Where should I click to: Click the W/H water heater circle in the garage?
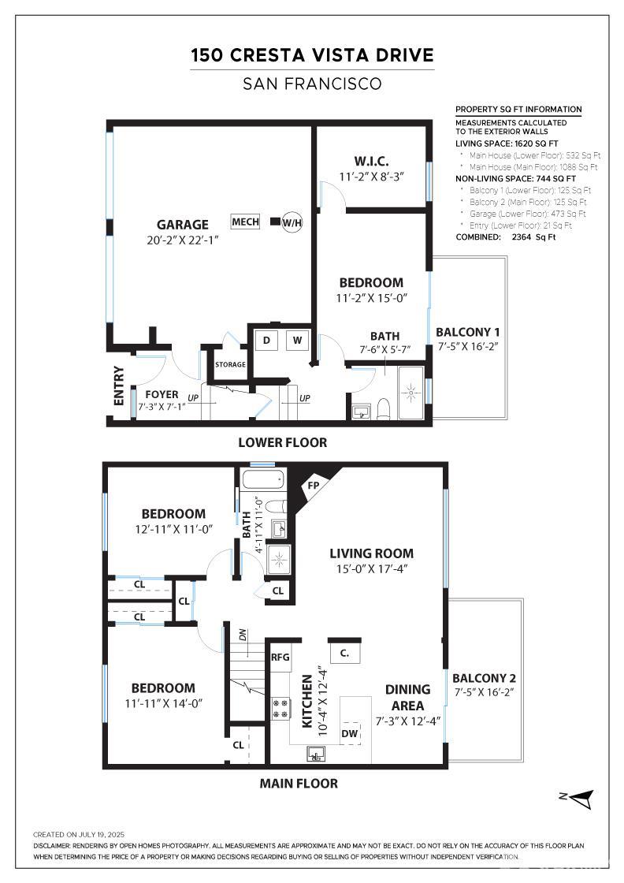pyautogui.click(x=292, y=222)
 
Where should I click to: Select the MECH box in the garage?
pyautogui.click(x=245, y=222)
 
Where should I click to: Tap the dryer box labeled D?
pyautogui.click(x=266, y=340)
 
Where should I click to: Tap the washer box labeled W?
pyautogui.click(x=298, y=340)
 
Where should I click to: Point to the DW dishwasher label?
pyautogui.click(x=350, y=733)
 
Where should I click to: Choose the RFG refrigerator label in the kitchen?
pyautogui.click(x=280, y=656)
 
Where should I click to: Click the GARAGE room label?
pyautogui.click(x=182, y=225)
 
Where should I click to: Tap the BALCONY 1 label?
pyautogui.click(x=468, y=332)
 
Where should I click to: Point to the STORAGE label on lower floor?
pyautogui.click(x=231, y=364)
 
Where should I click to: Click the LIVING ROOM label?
pyautogui.click(x=371, y=553)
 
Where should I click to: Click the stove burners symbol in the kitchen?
pyautogui.click(x=280, y=707)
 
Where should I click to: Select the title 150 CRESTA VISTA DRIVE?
pyautogui.click(x=312, y=55)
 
